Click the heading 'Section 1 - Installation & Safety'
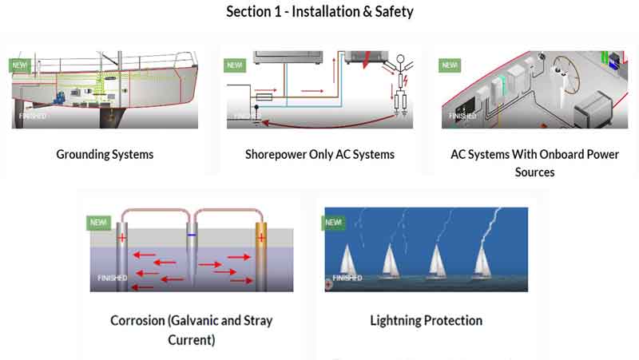(319, 11)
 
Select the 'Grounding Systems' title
(105, 154)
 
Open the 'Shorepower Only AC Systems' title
(319, 154)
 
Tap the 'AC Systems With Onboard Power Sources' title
(534, 162)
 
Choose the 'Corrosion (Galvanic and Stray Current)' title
(192, 330)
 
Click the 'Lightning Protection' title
(426, 321)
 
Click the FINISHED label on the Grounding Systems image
(33, 116)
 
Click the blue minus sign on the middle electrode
(192, 236)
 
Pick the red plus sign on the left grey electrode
(122, 238)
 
